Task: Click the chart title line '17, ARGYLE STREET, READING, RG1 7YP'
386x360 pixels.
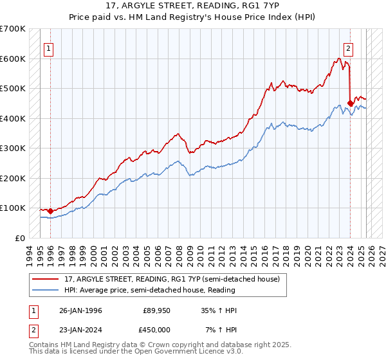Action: click(x=192, y=6)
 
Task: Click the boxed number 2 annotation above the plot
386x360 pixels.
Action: click(x=348, y=47)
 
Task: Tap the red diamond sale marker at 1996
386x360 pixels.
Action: click(x=50, y=211)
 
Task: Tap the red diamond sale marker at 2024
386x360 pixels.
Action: click(x=350, y=103)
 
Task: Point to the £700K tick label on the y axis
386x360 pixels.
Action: click(x=13, y=29)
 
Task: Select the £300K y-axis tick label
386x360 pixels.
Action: click(x=13, y=148)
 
